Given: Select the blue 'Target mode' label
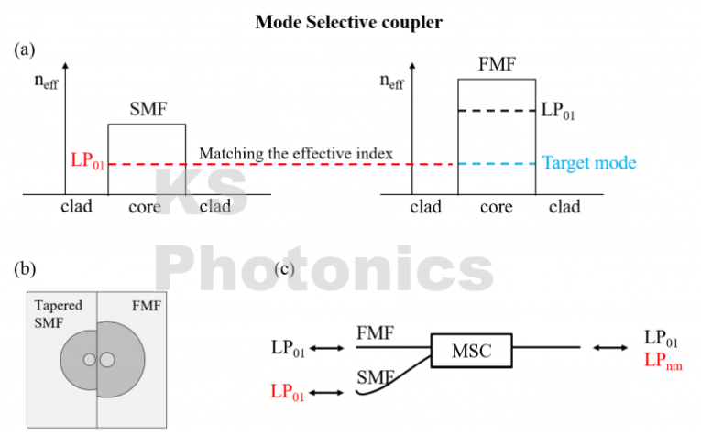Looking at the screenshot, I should click(x=589, y=163).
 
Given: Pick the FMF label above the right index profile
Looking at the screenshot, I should click(x=496, y=65).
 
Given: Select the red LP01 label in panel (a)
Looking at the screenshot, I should click(x=88, y=164).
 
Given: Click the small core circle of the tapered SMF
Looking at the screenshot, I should click(x=89, y=360).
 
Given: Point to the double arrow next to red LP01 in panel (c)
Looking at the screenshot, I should click(x=327, y=392).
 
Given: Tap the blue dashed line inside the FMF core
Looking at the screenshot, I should click(x=496, y=164).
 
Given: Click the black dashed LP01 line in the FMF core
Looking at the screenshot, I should click(x=496, y=112).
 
